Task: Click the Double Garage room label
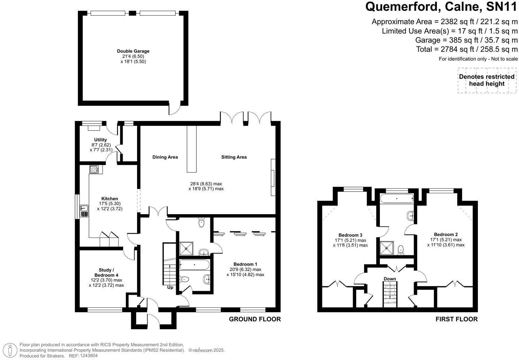coord(133,51)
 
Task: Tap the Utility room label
coord(100,140)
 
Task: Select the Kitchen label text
coord(110,198)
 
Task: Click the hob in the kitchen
coord(94,170)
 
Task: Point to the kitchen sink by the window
coord(84,211)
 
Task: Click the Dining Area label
coord(165,157)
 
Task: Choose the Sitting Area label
coord(234,157)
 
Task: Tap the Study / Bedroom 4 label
coord(106,272)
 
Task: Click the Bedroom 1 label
coord(245,264)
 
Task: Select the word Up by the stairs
coord(170,287)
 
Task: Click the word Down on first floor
coord(390,279)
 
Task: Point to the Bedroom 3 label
coord(350,235)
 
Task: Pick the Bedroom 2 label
coord(446,234)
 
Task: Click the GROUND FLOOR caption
coord(255,319)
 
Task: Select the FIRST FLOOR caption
coord(456,319)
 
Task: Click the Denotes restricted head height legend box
coord(487,80)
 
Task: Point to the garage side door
coord(174,108)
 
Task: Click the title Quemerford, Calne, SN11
coord(441,7)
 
